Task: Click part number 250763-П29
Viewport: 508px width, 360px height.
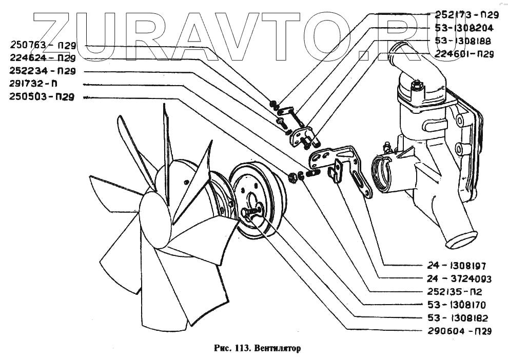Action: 42,46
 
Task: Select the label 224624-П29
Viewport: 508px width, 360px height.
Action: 42,58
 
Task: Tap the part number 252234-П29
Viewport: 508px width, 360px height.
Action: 42,71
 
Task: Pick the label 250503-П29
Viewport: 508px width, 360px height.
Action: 42,97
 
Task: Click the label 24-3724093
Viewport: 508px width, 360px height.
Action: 458,279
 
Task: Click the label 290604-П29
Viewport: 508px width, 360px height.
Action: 459,331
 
